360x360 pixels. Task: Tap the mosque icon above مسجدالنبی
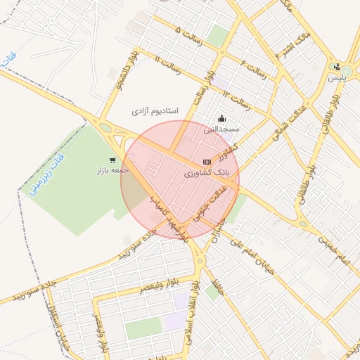click(222, 119)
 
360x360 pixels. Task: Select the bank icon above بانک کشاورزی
click(207, 162)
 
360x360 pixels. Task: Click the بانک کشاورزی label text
click(212, 172)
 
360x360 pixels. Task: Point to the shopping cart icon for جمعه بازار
click(112, 160)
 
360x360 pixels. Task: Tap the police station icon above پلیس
click(337, 67)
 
